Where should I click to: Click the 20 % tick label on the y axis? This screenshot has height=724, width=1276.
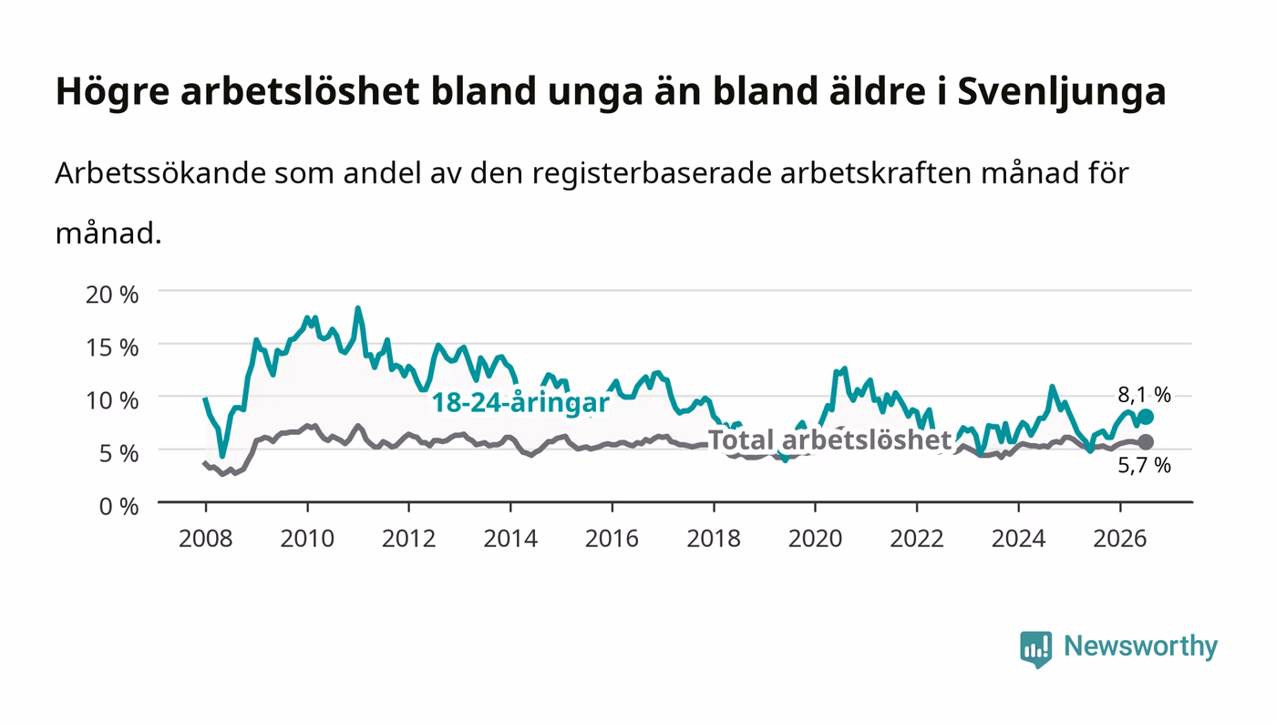pos(112,295)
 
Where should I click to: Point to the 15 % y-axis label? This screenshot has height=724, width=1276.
pos(112,347)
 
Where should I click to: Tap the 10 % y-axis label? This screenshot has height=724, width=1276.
pos(112,401)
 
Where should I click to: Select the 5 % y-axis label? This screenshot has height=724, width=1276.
pos(119,454)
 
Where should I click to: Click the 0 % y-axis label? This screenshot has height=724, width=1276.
pos(119,507)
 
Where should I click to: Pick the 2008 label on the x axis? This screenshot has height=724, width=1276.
pos(206,539)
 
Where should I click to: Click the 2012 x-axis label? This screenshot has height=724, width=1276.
pos(409,539)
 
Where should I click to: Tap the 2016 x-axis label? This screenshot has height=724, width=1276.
pos(612,539)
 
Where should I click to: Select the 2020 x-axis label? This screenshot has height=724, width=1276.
pos(815,539)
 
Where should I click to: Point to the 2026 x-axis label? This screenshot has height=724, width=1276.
pos(1120,539)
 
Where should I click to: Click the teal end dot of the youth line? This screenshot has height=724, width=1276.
pos(1146,417)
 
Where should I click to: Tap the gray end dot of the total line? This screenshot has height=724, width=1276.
pos(1146,442)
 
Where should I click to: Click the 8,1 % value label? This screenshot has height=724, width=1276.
pos(1145,395)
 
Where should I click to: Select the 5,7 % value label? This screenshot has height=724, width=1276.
pos(1145,466)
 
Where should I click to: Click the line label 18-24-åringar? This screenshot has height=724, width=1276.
pos(520,403)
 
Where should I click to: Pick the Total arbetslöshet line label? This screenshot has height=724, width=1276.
pos(829,440)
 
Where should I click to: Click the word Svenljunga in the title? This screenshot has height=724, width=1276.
pos(1062,92)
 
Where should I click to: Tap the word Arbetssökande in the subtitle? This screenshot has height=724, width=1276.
pos(160,172)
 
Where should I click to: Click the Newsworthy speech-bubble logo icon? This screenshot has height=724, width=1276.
pos(1035,649)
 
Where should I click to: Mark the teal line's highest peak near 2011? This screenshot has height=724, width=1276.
pos(357,308)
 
